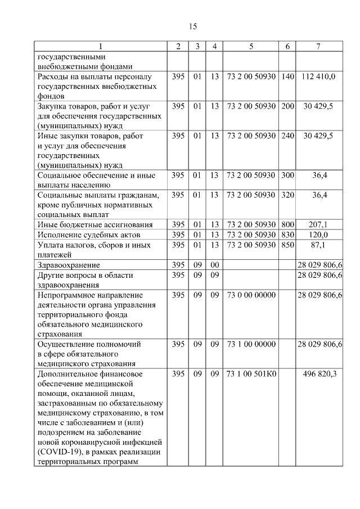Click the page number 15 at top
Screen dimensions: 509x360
click(x=192, y=26)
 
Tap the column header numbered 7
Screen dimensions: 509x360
click(x=318, y=46)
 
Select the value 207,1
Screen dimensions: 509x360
click(x=318, y=224)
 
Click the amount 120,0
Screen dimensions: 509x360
click(x=318, y=234)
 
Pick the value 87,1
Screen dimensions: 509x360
click(x=318, y=244)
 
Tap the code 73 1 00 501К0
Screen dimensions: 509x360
click(x=251, y=374)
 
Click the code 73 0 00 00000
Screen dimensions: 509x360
click(x=251, y=295)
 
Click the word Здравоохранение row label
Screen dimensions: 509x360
click(x=69, y=264)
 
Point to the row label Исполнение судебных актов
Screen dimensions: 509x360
click(x=88, y=234)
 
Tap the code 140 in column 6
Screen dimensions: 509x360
click(x=287, y=75)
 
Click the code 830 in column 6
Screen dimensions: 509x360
click(x=287, y=234)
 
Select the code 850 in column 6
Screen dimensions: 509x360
click(x=287, y=244)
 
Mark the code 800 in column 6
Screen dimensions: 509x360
click(x=287, y=224)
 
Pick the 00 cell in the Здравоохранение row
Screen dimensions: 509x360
click(x=214, y=264)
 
